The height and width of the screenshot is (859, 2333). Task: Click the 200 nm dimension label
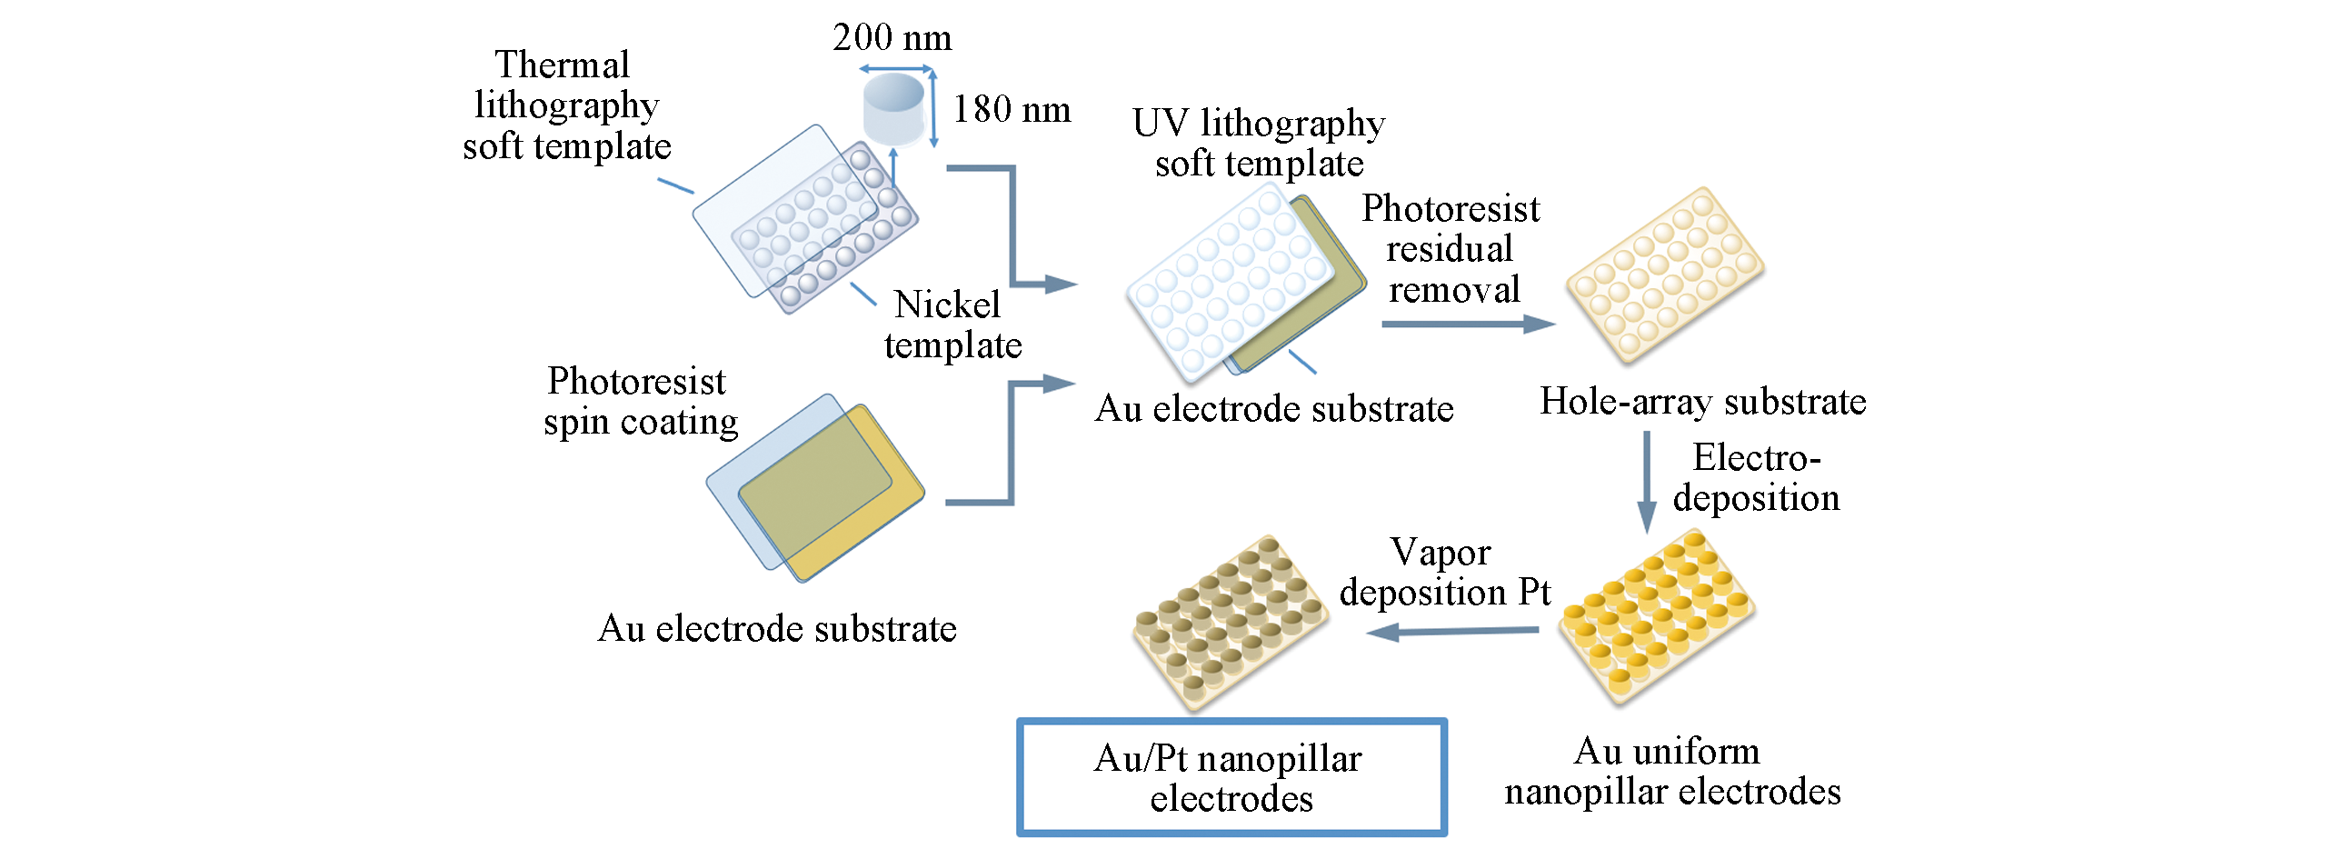pos(892,38)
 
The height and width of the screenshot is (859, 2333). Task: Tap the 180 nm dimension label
pos(1012,110)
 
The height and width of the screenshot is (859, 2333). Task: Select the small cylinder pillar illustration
pos(893,110)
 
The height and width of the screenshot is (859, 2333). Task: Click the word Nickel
pos(947,305)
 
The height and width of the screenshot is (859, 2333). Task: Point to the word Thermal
pos(562,65)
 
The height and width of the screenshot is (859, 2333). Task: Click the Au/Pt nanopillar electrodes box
pos(1231,777)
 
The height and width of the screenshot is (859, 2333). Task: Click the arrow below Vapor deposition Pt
pos(1453,631)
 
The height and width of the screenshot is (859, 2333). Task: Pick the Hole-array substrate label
pos(1702,402)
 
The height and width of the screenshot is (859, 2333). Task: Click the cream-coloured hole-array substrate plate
pos(1665,275)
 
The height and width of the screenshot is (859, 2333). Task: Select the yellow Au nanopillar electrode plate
pos(1656,615)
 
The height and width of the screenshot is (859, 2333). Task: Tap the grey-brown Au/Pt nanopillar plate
pos(1230,622)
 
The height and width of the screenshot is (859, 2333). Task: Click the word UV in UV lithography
pos(1161,124)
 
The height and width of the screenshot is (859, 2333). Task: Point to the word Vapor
pos(1441,553)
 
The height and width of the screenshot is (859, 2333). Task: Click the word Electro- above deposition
pos(1756,458)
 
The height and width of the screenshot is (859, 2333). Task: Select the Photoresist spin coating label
pos(640,402)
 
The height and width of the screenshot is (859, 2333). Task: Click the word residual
pos(1450,249)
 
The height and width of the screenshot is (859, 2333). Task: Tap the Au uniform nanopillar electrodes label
pos(1671,772)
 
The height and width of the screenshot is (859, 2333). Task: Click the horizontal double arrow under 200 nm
pos(895,69)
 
